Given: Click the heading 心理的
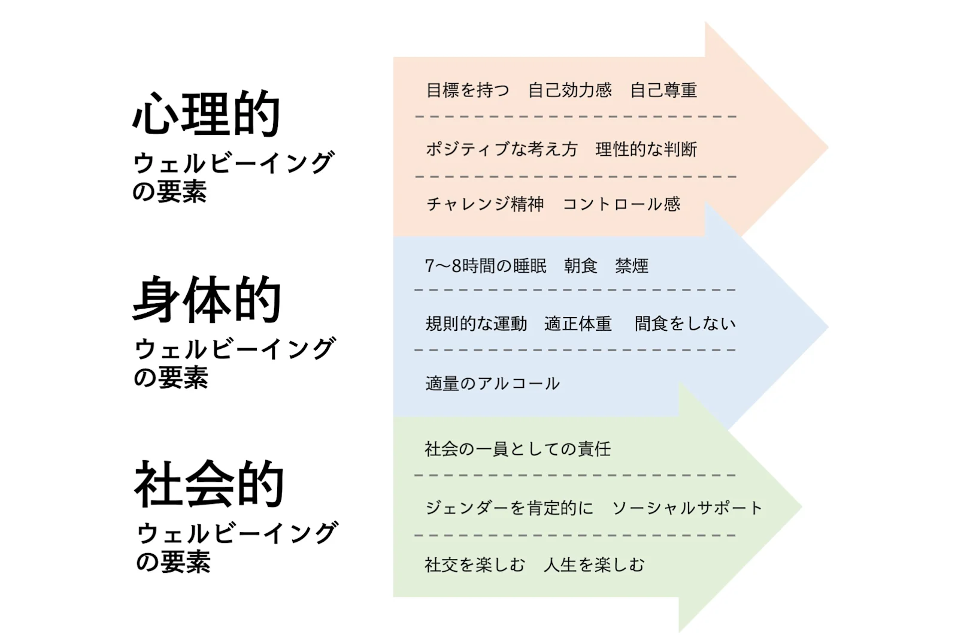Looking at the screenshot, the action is tap(207, 113).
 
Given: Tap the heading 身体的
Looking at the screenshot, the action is tap(207, 300).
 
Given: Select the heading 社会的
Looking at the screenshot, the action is tap(209, 484).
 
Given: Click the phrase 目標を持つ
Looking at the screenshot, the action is tap(468, 90).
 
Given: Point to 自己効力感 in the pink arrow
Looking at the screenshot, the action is tap(570, 90).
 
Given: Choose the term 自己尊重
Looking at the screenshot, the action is tap(663, 90).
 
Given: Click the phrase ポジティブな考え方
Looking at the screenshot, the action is tap(502, 149).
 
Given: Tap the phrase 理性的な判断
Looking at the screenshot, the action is tap(646, 149).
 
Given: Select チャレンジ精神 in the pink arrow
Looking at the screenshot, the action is tap(485, 204).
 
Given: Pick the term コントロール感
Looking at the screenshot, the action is tap(622, 204).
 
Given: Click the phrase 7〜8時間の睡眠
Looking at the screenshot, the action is tap(486, 265).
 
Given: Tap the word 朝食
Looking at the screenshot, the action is tap(581, 265).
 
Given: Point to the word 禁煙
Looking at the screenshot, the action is tap(632, 265).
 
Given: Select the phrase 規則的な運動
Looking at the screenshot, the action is tap(476, 324).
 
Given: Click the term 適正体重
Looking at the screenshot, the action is tap(578, 324).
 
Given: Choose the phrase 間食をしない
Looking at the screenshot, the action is tap(685, 324).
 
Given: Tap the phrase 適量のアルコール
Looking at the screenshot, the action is tap(492, 384).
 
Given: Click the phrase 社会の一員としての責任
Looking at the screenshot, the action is tap(517, 449).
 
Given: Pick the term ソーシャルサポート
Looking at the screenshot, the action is tap(687, 508).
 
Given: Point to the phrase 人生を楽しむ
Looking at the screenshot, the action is tap(594, 564).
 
